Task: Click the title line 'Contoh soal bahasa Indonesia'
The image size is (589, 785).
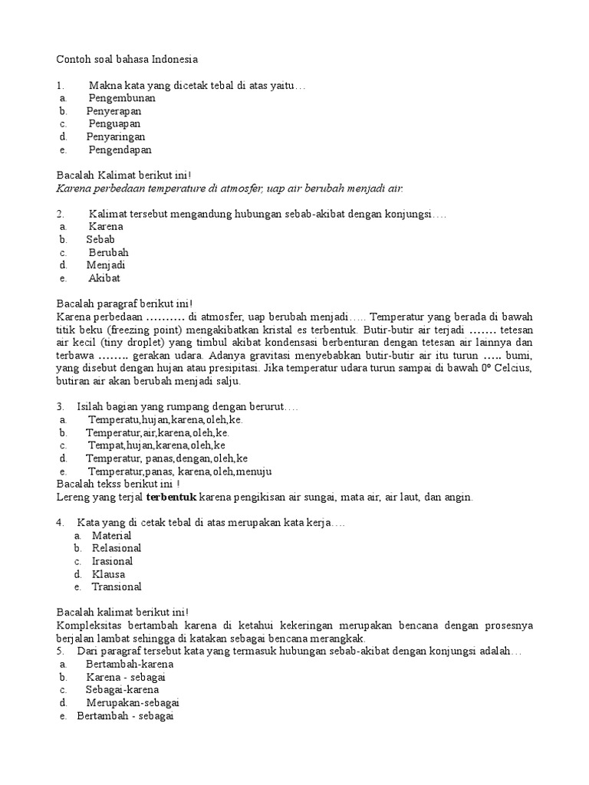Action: pyautogui.click(x=127, y=59)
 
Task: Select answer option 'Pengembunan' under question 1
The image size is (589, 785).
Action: pyautogui.click(x=122, y=98)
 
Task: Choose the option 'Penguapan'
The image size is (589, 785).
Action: pyautogui.click(x=114, y=124)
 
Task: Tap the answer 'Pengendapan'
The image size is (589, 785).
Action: pyautogui.click(x=120, y=150)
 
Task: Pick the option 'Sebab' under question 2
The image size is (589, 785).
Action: pyautogui.click(x=100, y=240)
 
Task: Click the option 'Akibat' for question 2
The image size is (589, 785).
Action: pyautogui.click(x=104, y=278)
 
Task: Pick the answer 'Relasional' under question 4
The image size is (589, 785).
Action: pyautogui.click(x=117, y=549)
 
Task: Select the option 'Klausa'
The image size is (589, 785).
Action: pyautogui.click(x=108, y=574)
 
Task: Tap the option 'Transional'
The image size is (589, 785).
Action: pyautogui.click(x=117, y=587)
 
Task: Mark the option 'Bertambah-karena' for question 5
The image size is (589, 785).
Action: pyautogui.click(x=130, y=664)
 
